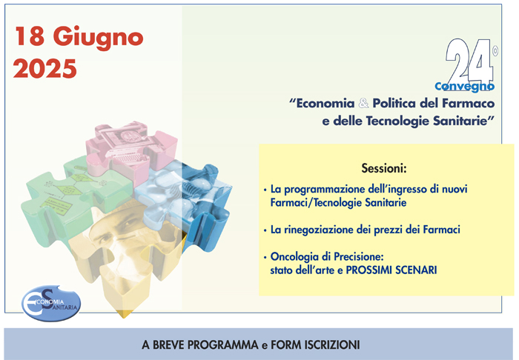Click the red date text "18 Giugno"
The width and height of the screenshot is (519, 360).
click(79, 37)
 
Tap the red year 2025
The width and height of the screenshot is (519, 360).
click(45, 68)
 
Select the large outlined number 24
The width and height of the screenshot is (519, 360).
click(469, 61)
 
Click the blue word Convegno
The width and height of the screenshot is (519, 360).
click(464, 87)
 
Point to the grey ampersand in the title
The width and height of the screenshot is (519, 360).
click(363, 104)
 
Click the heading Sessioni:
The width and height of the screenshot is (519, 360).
click(383, 168)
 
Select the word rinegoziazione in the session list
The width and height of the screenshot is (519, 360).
click(319, 230)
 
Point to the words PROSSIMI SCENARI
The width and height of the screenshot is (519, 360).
click(391, 270)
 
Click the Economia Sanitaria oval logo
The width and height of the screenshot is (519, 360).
click(51, 303)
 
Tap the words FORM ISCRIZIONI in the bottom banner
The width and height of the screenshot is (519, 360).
click(315, 344)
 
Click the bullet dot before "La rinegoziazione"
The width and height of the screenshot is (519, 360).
click(265, 230)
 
